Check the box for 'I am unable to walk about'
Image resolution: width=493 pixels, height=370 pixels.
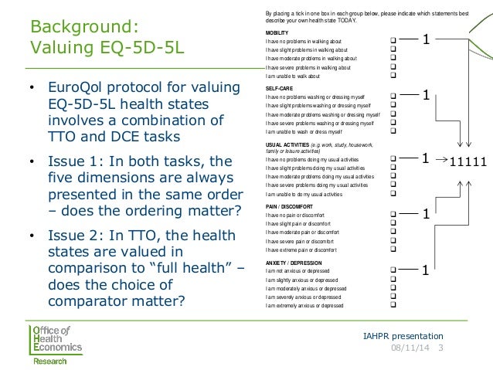393,76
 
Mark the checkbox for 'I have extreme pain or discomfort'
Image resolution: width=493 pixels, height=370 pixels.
393,249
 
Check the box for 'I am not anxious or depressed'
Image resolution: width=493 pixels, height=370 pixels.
393,272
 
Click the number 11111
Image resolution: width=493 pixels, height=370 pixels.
468,162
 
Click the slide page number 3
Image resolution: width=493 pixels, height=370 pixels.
440,348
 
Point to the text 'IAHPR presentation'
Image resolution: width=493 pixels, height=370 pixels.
403,336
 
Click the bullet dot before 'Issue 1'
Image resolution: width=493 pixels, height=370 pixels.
32,162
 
